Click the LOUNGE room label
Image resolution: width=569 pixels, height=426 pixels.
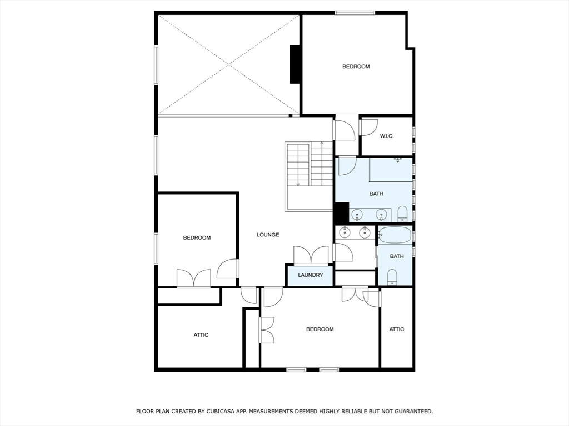click(x=268, y=235)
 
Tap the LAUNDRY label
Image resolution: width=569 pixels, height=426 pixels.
click(x=310, y=275)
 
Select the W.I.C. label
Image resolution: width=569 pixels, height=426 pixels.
click(x=387, y=136)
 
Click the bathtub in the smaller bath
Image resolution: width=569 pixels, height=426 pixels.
click(x=395, y=235)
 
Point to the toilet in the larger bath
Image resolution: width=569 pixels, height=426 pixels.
click(x=402, y=213)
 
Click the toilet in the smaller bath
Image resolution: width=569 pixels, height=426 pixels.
click(x=392, y=276)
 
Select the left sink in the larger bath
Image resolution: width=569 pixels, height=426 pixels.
click(x=356, y=214)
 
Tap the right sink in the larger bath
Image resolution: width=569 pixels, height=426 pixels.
click(x=382, y=214)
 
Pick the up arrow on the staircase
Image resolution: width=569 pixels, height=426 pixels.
click(x=322, y=144)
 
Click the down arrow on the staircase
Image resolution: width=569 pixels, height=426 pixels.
click(x=298, y=184)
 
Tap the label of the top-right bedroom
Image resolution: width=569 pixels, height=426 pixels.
click(x=356, y=67)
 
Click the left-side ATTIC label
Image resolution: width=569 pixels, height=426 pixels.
click(x=201, y=335)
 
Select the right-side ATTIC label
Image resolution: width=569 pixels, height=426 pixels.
click(x=397, y=329)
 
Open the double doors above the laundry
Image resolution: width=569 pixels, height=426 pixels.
click(x=311, y=255)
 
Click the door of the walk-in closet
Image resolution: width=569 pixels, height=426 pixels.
click(x=367, y=127)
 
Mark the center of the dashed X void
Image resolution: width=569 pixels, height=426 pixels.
click(x=229, y=65)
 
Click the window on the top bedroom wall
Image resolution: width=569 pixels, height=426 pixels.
click(x=355, y=12)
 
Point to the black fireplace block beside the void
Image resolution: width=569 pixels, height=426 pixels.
click(x=295, y=64)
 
